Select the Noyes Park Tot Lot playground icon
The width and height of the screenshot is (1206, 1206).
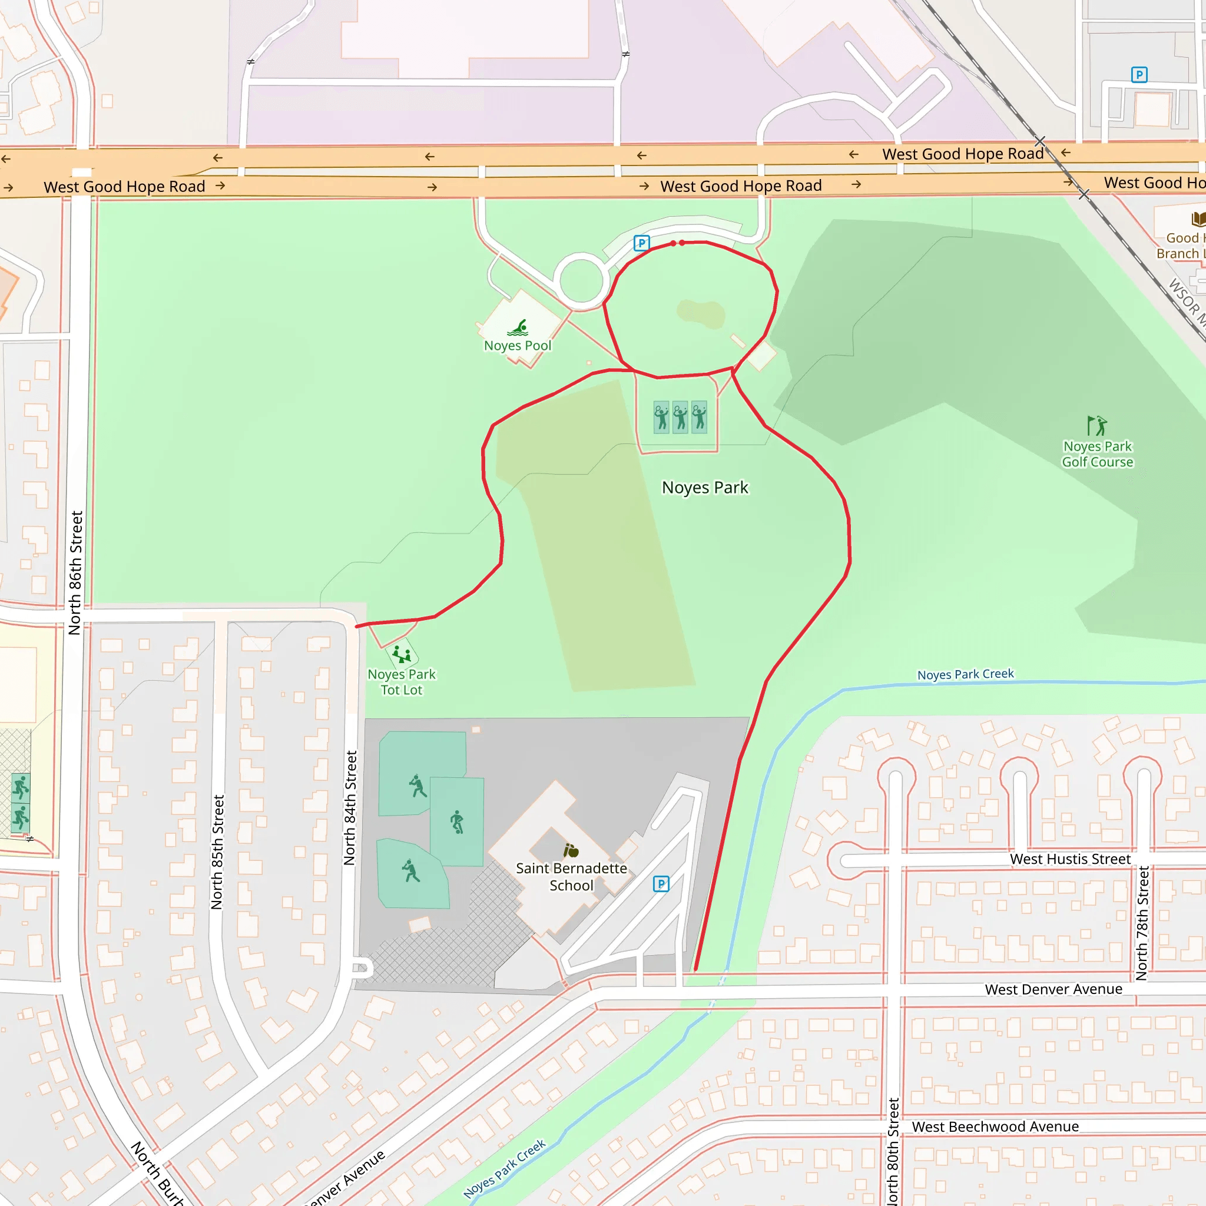(402, 655)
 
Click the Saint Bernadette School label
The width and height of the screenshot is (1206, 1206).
(571, 876)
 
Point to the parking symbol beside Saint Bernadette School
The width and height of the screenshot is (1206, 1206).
(661, 884)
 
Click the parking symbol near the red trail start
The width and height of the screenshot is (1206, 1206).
(641, 243)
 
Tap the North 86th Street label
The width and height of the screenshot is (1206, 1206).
(75, 573)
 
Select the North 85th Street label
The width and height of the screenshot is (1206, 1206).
(217, 852)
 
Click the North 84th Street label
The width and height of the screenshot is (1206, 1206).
(350, 808)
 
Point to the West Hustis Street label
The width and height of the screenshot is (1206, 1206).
(1070, 859)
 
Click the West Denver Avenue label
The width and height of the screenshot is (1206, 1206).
(1053, 989)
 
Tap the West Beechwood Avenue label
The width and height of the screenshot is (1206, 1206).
(995, 1127)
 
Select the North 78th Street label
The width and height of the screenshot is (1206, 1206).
(1142, 923)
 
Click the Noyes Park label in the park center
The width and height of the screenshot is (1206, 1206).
(705, 488)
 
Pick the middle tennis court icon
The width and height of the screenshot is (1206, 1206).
(680, 417)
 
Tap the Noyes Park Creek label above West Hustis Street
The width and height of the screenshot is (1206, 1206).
(965, 674)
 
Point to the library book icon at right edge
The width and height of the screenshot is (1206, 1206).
(1198, 218)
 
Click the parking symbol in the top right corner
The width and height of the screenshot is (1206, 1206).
(1139, 75)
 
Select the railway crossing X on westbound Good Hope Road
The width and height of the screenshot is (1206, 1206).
(1040, 141)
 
